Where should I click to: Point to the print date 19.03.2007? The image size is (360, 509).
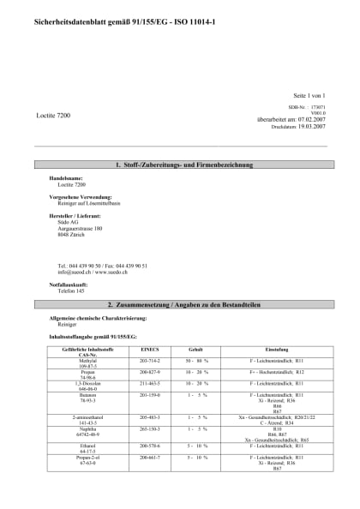309,126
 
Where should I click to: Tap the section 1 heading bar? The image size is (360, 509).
180,164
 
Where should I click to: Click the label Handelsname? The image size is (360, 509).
66,178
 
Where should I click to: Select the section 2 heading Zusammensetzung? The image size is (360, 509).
180,304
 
